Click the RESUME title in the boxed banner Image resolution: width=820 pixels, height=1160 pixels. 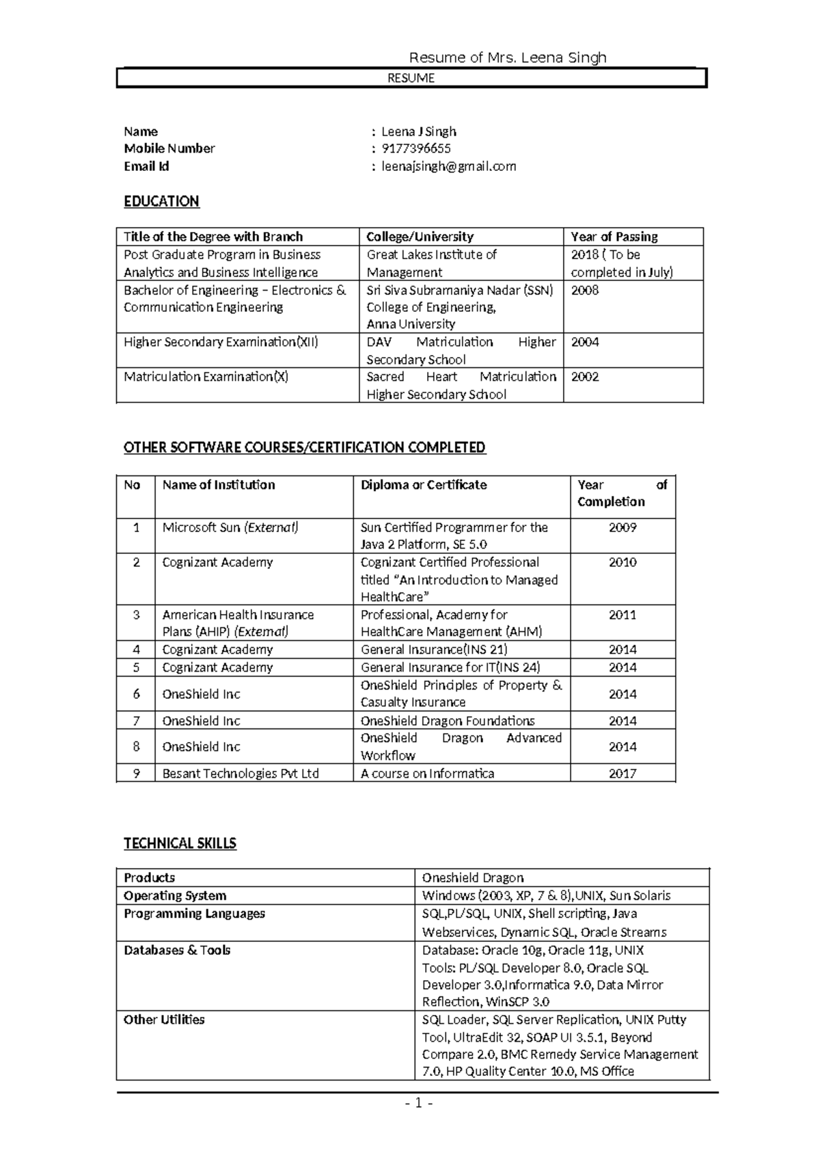click(x=411, y=78)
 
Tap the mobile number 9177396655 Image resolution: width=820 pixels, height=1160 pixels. click(x=415, y=148)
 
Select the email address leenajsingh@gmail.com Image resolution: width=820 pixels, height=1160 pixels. click(x=448, y=166)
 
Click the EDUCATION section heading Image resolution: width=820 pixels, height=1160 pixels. click(x=161, y=201)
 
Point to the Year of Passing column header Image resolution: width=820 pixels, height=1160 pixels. click(x=614, y=237)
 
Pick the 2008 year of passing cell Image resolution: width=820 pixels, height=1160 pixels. click(x=585, y=290)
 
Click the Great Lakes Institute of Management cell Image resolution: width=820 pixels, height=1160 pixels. click(x=431, y=263)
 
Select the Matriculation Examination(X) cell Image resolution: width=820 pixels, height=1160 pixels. click(x=206, y=377)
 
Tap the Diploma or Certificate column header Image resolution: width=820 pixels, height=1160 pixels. click(x=423, y=485)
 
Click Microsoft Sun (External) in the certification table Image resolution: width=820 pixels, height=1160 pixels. click(x=230, y=527)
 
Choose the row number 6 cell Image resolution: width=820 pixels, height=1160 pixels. click(x=136, y=694)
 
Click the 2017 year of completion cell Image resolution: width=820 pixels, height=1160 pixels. click(x=622, y=774)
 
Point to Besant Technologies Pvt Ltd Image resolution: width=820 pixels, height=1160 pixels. click(x=241, y=774)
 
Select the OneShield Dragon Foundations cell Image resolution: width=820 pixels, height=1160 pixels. click(x=447, y=721)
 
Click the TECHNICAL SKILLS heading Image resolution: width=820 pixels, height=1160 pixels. click(x=180, y=843)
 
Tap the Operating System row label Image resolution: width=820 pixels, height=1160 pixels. click(x=175, y=896)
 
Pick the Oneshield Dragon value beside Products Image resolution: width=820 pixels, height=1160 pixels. click(x=472, y=878)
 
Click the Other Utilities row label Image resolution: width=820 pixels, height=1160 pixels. click(x=164, y=1020)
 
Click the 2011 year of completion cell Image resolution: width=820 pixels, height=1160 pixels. click(x=622, y=615)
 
